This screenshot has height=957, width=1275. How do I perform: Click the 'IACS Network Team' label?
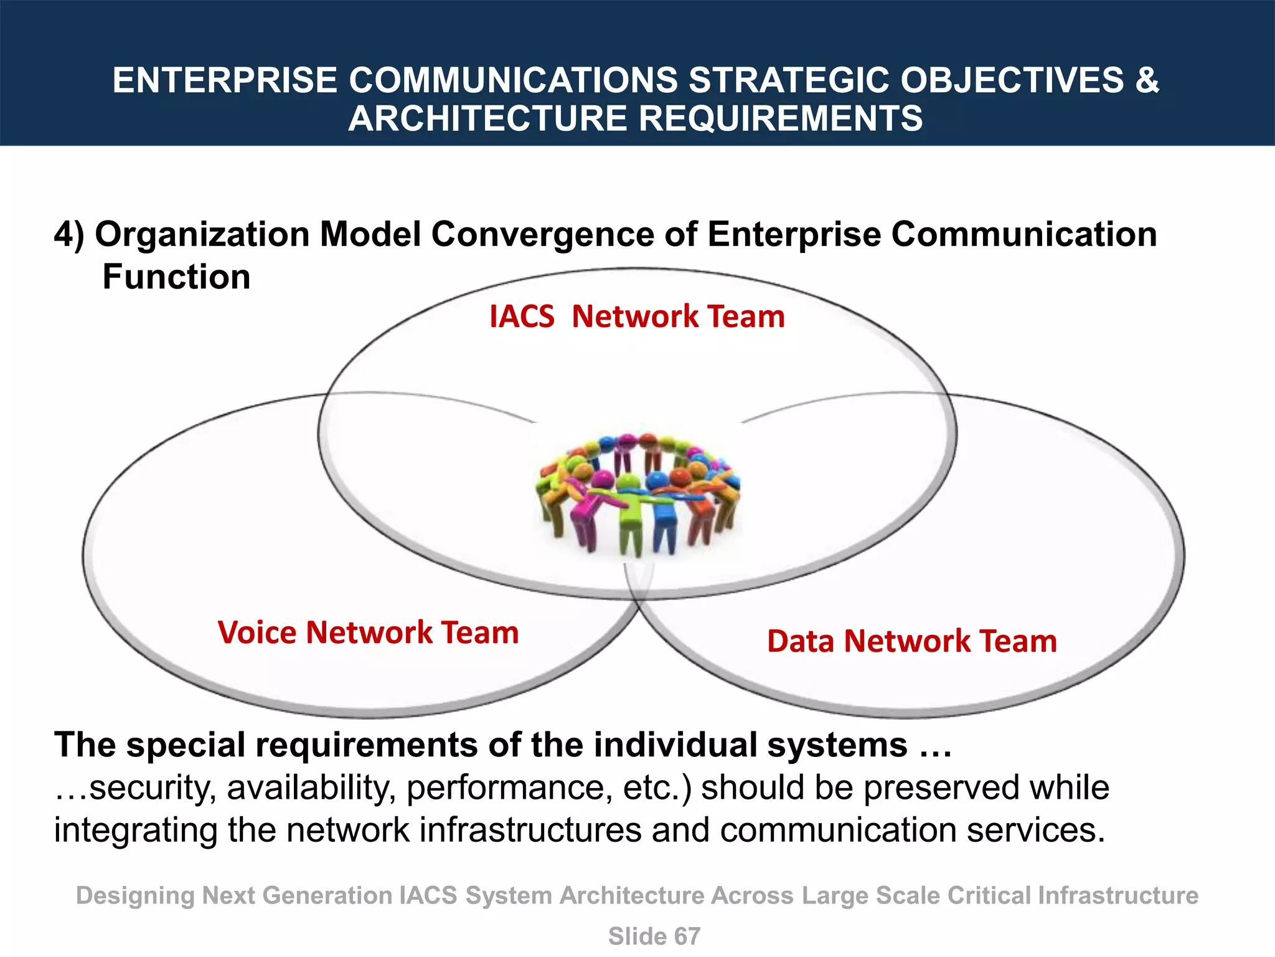(637, 317)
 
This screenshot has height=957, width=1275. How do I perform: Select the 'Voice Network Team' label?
(368, 632)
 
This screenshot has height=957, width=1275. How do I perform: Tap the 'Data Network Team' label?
(911, 641)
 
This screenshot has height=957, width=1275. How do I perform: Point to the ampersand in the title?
(1146, 80)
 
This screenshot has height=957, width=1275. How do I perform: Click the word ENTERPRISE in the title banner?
(225, 80)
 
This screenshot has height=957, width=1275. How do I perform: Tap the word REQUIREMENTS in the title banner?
(781, 118)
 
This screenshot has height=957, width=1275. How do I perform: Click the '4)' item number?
(69, 235)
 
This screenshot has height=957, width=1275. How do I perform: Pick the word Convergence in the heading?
(542, 235)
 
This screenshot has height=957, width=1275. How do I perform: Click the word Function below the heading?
(176, 277)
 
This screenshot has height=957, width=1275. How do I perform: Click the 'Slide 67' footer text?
(654, 936)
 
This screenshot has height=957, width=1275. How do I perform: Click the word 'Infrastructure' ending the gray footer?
(1118, 896)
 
